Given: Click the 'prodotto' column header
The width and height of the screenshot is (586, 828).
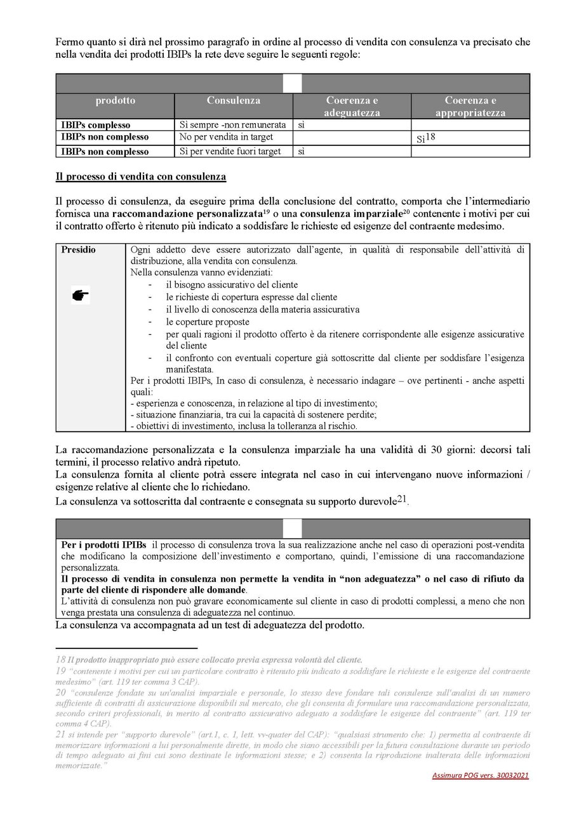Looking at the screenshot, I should [116, 100].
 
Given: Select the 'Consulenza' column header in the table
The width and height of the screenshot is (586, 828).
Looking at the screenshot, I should [234, 100].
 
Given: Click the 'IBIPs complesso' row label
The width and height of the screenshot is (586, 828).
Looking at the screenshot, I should [96, 125].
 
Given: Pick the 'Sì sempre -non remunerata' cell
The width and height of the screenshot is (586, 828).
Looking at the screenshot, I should [233, 125].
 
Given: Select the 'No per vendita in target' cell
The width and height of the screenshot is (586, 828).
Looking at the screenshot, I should [226, 137].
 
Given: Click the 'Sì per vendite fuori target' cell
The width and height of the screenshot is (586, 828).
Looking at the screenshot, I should [232, 152].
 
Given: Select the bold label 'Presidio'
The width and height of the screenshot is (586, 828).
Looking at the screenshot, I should [79, 250].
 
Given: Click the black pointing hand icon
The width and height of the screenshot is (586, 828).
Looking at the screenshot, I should [81, 295].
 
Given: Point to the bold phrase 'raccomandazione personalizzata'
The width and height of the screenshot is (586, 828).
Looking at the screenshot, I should [195, 213].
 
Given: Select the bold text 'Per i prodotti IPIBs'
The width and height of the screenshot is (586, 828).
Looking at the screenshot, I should [104, 545].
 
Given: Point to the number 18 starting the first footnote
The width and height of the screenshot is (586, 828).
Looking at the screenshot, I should [61, 660].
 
